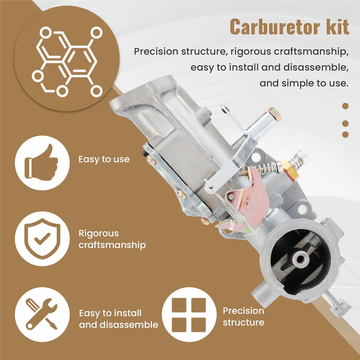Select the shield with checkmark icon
(x=42, y=238)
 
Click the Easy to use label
(x=104, y=159)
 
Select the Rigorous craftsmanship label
(x=112, y=239)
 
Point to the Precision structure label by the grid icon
(x=243, y=316)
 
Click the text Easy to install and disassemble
(x=118, y=319)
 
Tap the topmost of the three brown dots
(x=345, y=106)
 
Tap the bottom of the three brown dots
(x=345, y=134)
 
